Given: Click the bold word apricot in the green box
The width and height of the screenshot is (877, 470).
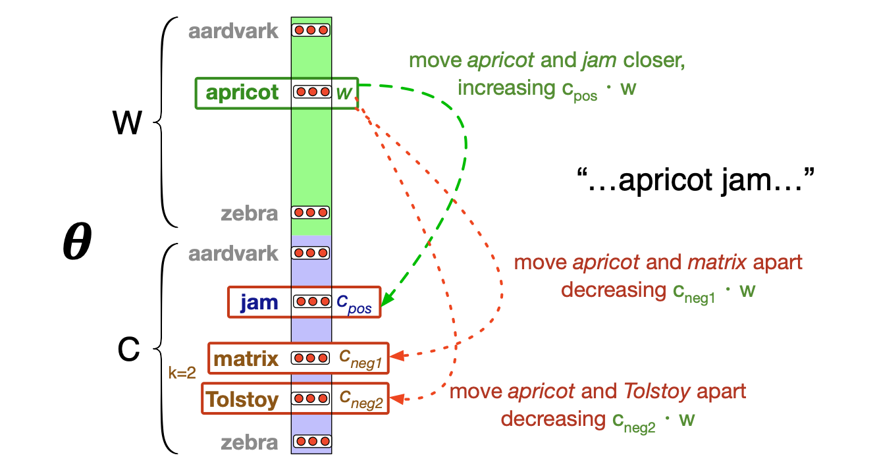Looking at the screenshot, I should point(242,93).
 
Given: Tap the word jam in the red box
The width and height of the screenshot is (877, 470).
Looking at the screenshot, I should point(259,302).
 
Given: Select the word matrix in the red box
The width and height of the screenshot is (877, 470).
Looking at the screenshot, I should point(247,359).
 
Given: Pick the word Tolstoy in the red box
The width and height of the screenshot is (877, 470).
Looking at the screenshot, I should point(242,399).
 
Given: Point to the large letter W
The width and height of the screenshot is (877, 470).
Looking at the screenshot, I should point(127,123).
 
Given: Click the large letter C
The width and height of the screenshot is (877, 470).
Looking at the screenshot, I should point(128,351).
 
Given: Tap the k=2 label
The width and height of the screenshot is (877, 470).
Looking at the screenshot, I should point(182,373).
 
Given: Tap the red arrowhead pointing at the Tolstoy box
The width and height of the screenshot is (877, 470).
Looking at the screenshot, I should point(396,398).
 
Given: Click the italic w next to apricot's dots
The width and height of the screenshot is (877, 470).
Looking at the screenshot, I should point(343,93).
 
